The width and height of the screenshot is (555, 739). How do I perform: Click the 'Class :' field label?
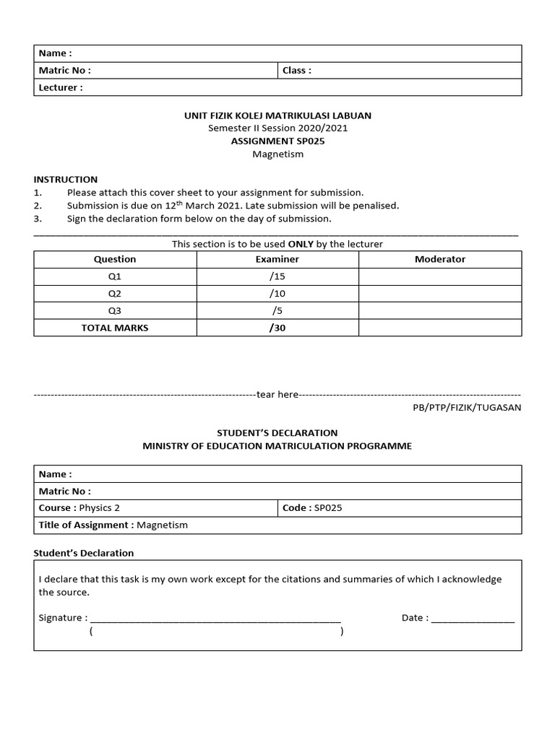[297, 71]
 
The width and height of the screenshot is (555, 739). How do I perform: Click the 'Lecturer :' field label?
[61, 88]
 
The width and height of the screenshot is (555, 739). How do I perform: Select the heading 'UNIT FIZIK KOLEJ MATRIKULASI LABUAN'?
[277, 115]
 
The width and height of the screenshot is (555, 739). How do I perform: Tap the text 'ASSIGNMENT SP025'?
[277, 141]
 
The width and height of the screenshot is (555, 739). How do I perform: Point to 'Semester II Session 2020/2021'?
[277, 128]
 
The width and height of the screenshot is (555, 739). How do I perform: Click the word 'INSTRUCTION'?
[66, 180]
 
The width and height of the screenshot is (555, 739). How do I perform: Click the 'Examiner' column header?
[277, 259]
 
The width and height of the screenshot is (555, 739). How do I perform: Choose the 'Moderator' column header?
[440, 259]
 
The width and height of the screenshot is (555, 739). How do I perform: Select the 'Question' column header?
[115, 259]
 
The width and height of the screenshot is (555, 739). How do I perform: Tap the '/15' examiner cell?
[277, 276]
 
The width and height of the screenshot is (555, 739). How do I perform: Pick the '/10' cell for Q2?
[277, 294]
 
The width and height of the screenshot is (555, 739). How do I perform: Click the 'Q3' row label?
[115, 311]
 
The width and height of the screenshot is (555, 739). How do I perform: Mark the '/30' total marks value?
[277, 328]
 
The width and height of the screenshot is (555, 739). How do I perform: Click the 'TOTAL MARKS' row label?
[115, 328]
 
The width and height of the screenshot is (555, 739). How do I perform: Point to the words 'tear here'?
[277, 395]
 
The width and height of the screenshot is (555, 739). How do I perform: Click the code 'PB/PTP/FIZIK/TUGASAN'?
[467, 408]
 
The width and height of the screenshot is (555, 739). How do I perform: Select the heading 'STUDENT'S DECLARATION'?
[277, 433]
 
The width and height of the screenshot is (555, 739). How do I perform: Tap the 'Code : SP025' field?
[312, 508]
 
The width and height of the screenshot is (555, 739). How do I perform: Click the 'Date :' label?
[415, 618]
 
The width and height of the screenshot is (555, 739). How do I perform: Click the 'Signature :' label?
[63, 618]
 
